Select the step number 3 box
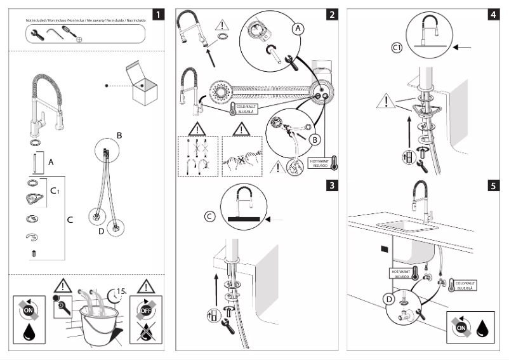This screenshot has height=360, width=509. coord(333,185)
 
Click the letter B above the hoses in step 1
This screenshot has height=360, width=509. coord(118,135)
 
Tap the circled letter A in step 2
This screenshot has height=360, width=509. coord(299,29)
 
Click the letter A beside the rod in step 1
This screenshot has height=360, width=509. coord(51,163)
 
